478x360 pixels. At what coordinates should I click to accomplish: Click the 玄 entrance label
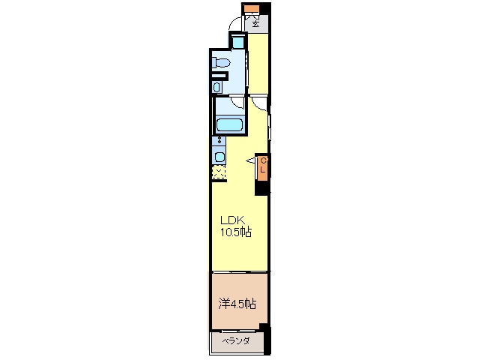click(256, 23)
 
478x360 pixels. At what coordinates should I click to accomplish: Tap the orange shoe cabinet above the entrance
click(251, 10)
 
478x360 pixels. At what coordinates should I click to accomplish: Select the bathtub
click(229, 125)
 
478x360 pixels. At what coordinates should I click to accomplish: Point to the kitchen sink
click(219, 157)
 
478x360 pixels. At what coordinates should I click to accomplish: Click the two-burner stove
click(218, 140)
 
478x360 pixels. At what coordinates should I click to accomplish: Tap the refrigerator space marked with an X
click(218, 173)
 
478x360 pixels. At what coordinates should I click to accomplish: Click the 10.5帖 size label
click(235, 233)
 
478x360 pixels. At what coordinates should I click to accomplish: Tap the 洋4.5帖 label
click(238, 304)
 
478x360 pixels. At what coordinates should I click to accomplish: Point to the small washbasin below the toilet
click(217, 88)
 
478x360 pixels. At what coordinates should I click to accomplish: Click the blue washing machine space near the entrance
click(238, 43)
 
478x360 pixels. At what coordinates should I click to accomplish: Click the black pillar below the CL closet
click(261, 188)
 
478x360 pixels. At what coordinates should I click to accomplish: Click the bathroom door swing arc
click(238, 103)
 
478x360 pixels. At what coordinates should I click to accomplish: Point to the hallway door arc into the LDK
click(258, 103)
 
